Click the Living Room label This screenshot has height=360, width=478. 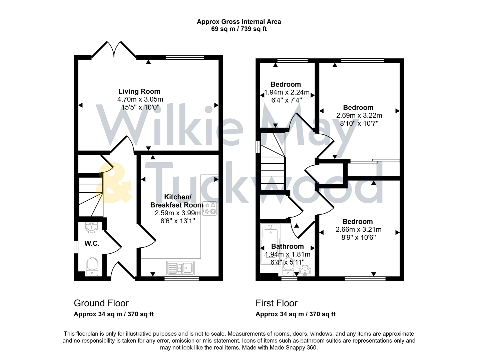[139, 91]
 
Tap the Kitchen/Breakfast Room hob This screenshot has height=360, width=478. [210, 208]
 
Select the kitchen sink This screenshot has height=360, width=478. [180, 268]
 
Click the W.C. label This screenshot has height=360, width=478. [92, 244]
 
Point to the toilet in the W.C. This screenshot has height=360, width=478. [92, 267]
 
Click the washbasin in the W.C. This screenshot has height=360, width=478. [91, 227]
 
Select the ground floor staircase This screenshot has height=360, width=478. [90, 197]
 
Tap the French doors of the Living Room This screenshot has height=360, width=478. [114, 50]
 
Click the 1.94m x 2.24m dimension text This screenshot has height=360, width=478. [287, 92]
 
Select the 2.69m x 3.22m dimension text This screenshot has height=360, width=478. [359, 116]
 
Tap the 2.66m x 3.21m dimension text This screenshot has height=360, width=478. [358, 230]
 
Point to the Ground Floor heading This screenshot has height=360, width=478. [101, 303]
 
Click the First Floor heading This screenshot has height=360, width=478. [276, 303]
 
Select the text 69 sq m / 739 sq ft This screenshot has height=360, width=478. [239, 29]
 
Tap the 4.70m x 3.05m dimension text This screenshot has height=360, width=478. [140, 99]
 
